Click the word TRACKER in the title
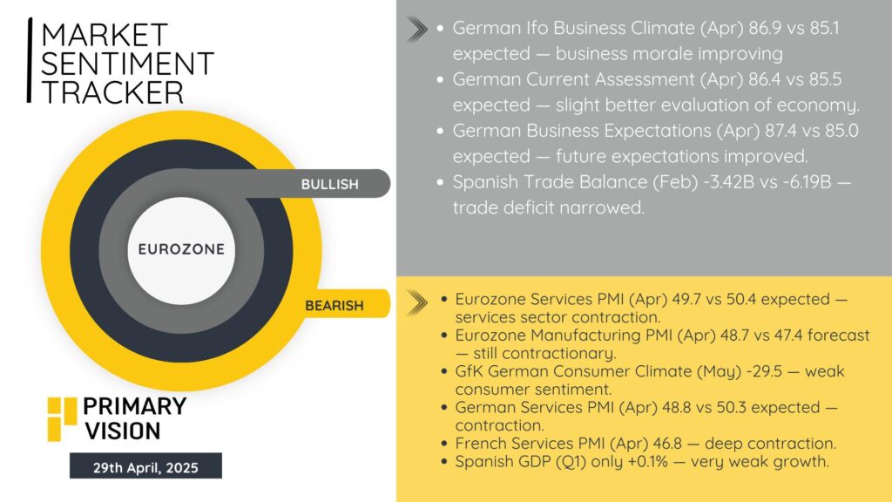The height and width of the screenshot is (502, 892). [x=112, y=92]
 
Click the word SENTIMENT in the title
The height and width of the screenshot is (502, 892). [x=127, y=63]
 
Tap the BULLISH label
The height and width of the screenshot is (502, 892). [x=330, y=185]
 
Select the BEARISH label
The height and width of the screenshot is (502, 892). [x=334, y=306]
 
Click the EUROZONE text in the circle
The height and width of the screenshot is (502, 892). [x=181, y=249]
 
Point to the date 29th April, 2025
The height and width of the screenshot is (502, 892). [x=145, y=468]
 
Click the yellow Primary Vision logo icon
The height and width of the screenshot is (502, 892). [x=62, y=419]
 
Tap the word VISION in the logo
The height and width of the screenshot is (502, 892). [x=123, y=431]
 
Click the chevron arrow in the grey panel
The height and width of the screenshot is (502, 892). [x=417, y=30]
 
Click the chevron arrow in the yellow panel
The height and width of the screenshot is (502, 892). [x=417, y=302]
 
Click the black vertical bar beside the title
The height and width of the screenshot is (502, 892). [x=30, y=60]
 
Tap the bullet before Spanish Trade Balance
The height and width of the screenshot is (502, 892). [x=440, y=183]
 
